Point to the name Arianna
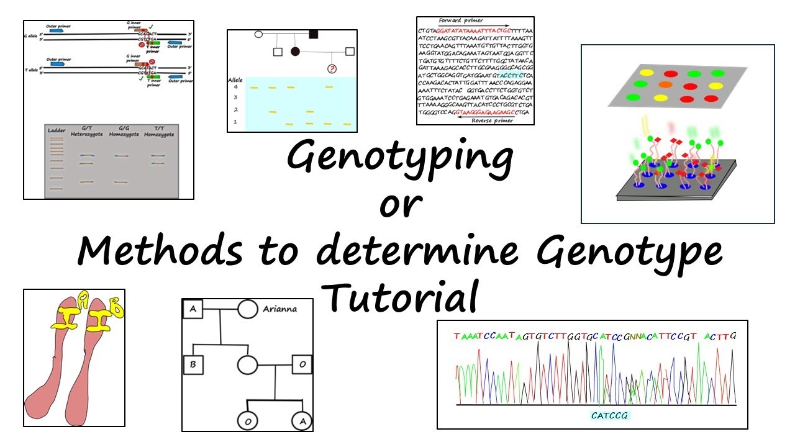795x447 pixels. coord(279,308)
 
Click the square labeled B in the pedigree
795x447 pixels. coord(193,364)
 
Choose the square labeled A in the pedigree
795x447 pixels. coord(193,309)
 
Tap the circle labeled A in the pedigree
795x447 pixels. coord(302,421)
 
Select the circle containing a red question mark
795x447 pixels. coord(332,70)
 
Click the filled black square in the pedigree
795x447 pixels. coord(314,34)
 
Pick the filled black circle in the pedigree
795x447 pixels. coord(296,52)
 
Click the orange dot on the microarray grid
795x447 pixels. coord(665,84)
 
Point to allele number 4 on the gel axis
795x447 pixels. coord(235,87)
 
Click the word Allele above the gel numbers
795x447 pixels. coord(235,79)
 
